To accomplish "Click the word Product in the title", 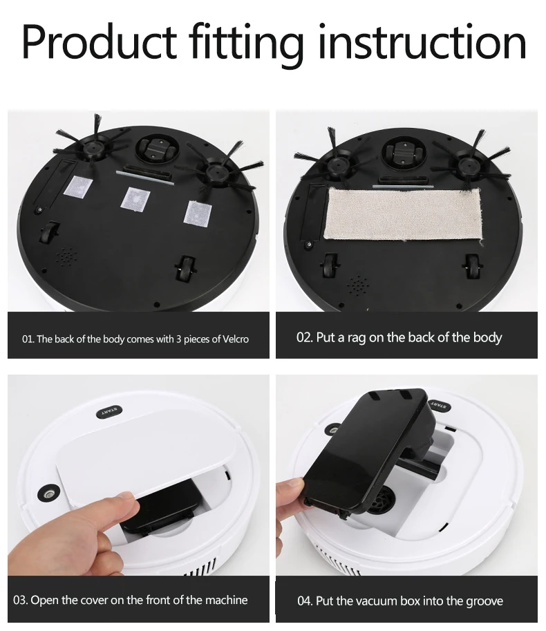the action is pyautogui.click(x=100, y=41).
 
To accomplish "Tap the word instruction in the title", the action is pyautogui.click(x=422, y=41).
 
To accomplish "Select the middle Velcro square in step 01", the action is pyautogui.click(x=135, y=198).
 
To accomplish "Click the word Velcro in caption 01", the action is pyautogui.click(x=236, y=339).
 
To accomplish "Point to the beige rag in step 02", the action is pyautogui.click(x=403, y=214).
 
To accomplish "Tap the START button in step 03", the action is pyautogui.click(x=110, y=413).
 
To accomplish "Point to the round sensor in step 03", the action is pyautogui.click(x=48, y=493).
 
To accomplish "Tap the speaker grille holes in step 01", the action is pyautogui.click(x=67, y=256).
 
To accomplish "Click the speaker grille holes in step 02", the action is pyautogui.click(x=357, y=285).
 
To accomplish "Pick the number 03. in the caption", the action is pyautogui.click(x=21, y=600).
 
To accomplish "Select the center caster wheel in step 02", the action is pyautogui.click(x=404, y=153).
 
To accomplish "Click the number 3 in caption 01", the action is pyautogui.click(x=178, y=339).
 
